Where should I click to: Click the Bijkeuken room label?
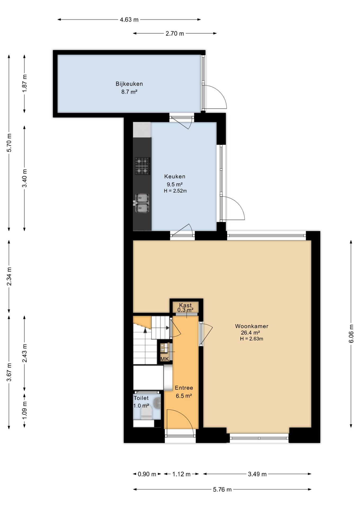pos(129,84)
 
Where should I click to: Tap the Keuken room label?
pos(175,176)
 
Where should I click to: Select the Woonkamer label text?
pos(252,326)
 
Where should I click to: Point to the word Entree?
pos(184,388)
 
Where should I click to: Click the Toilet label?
pos(141,398)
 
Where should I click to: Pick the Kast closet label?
pos(185,305)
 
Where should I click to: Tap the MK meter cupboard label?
pos(165,359)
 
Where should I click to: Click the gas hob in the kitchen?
pos(143,166)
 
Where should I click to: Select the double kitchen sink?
pos(142,203)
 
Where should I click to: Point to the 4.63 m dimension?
pos(129,20)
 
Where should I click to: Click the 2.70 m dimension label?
pos(175,34)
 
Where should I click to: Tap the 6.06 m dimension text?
pos(351,334)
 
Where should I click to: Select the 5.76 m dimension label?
pos(222,489)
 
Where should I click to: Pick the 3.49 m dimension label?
pos(257,474)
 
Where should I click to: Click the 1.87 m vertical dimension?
pos(24,84)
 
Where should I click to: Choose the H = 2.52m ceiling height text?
pos(175,191)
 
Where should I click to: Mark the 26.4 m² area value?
pos(250,332)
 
